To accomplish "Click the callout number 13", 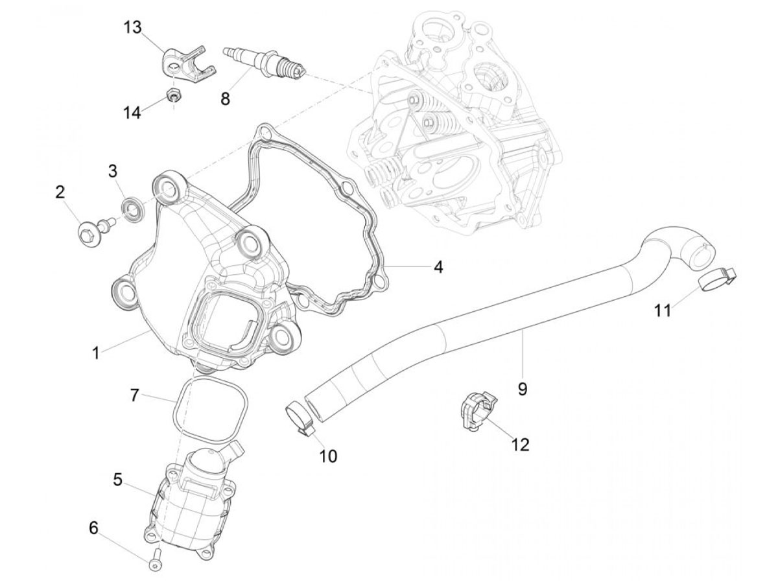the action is [133, 27].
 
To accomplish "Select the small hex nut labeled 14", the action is [172, 94].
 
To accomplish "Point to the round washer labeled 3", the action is [133, 211].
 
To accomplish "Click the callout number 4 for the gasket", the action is [439, 267].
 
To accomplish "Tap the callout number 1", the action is [95, 353].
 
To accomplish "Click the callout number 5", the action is [117, 480].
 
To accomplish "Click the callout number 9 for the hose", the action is [523, 389].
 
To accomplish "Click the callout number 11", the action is [663, 310].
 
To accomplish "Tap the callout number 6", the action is [93, 538].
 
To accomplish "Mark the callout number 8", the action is [225, 98].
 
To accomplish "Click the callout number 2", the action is [60, 193].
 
